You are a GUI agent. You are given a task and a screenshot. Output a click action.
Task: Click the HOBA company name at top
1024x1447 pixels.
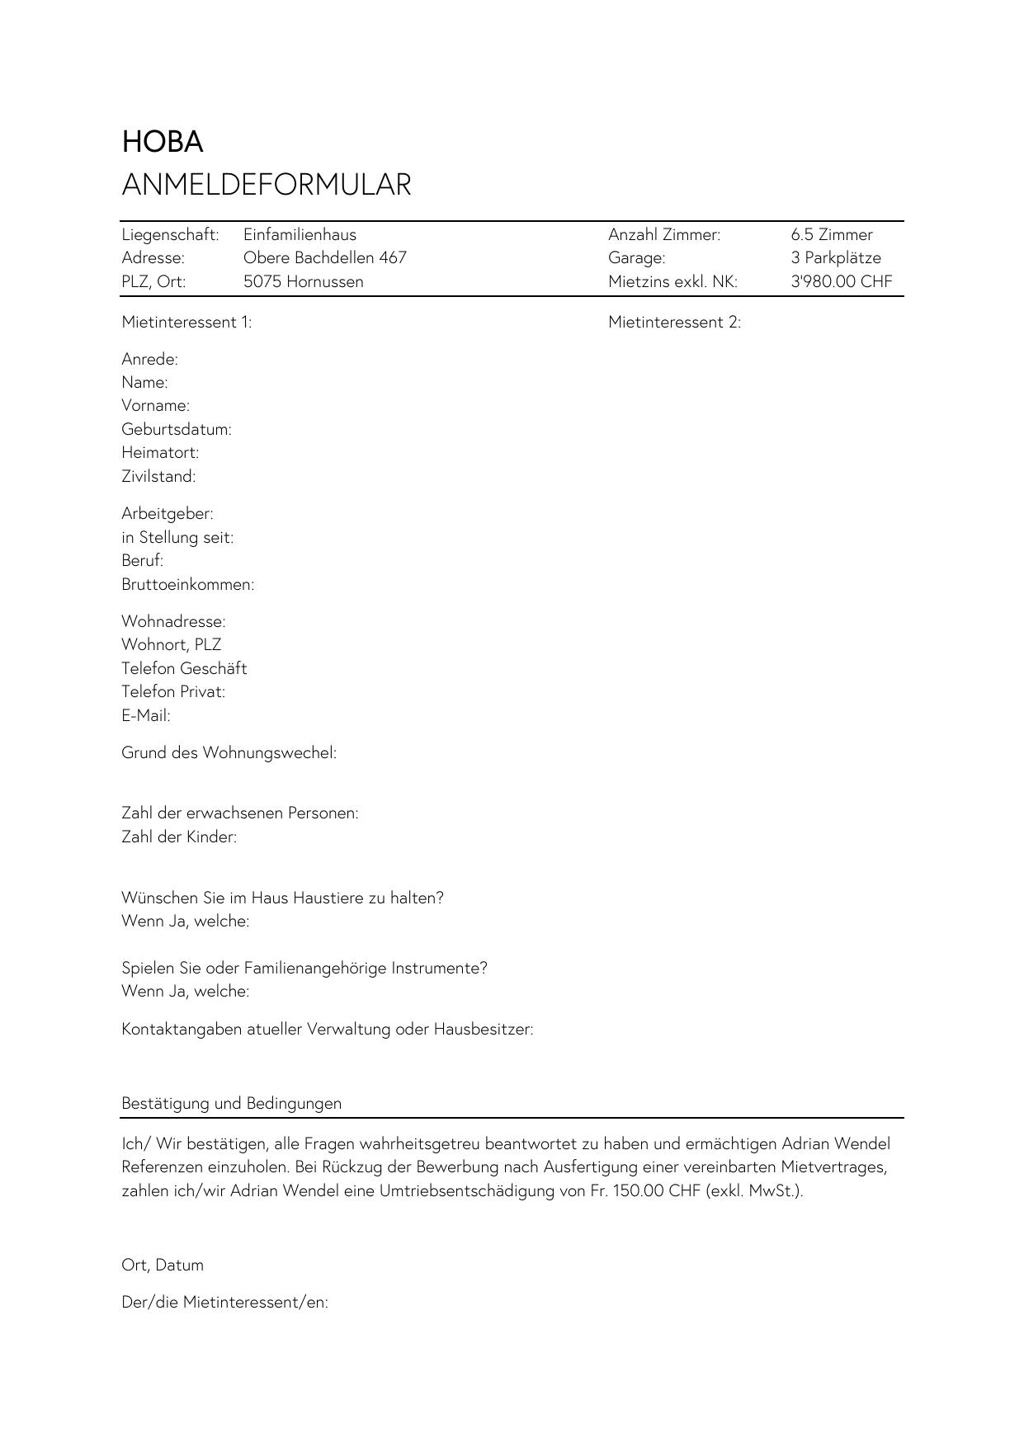point(163,142)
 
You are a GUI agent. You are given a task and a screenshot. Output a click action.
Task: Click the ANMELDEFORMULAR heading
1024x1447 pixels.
point(266,184)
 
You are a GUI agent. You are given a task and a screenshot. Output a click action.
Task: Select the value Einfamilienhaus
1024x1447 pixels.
point(300,234)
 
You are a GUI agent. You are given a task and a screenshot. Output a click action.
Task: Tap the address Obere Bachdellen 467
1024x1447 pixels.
point(324,257)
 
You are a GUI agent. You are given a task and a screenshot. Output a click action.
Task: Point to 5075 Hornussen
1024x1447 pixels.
point(303,281)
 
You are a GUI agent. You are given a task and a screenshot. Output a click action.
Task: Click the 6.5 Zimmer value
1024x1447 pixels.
point(831,234)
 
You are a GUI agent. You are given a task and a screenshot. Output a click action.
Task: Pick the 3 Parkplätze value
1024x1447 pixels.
point(835,257)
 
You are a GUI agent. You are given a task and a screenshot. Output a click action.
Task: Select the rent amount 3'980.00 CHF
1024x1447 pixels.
point(841,281)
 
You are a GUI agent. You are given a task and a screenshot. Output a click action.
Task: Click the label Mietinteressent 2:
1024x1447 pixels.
point(674,322)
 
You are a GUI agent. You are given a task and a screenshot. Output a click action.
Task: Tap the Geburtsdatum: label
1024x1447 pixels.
point(176,429)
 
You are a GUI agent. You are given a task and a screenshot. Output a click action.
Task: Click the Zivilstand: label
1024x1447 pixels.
point(158,476)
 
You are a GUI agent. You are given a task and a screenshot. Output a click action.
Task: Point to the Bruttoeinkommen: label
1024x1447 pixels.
point(187,584)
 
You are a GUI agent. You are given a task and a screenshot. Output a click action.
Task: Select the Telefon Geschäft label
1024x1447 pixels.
point(184,668)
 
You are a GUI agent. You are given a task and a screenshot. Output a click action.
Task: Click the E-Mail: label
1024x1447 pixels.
point(146,715)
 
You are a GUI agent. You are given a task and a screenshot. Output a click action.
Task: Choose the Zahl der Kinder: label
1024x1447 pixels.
point(179,837)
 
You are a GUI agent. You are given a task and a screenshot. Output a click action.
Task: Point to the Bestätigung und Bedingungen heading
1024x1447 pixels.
point(231,1103)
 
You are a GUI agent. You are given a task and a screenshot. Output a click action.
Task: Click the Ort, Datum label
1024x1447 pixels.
point(163,1265)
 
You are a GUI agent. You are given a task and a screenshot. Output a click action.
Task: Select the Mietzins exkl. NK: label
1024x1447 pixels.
point(672,281)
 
